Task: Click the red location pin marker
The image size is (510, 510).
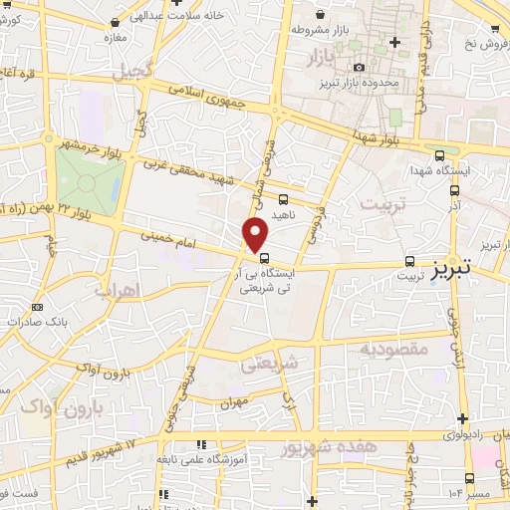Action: (x=256, y=235)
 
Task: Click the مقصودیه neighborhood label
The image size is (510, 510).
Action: (x=393, y=349)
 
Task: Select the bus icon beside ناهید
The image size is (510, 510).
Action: (x=284, y=198)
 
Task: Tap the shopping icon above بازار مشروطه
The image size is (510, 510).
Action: (x=319, y=17)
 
